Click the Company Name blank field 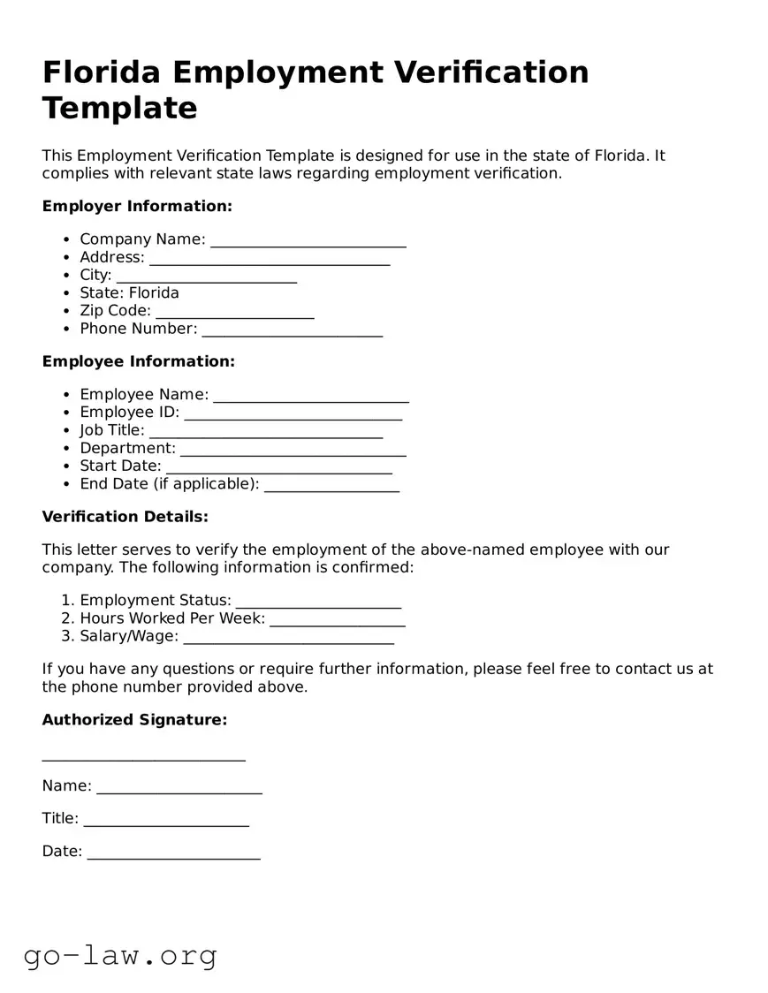click(x=308, y=240)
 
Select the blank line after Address click(x=270, y=258)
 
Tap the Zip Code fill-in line click(x=235, y=312)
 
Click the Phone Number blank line click(x=293, y=330)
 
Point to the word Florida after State click(x=154, y=292)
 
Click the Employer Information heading click(x=137, y=206)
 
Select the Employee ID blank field click(x=293, y=413)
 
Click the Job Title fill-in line click(x=266, y=431)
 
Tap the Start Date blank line click(x=279, y=466)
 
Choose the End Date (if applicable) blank click(x=331, y=485)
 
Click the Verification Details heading click(x=125, y=516)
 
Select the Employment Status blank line click(x=318, y=602)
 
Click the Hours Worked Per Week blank click(x=338, y=619)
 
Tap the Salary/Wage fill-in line click(x=288, y=637)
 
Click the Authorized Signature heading click(x=134, y=720)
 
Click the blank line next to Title click(x=166, y=820)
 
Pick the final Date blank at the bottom click(x=174, y=853)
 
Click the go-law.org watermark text click(x=120, y=955)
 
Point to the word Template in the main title click(x=119, y=108)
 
